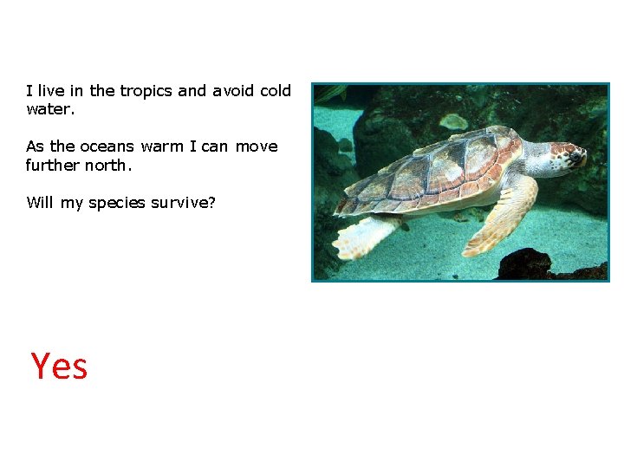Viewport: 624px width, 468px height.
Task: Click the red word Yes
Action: point(59,367)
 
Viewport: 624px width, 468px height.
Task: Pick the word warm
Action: point(162,146)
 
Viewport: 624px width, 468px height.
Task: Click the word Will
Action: point(40,203)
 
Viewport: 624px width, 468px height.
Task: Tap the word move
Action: point(257,146)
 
